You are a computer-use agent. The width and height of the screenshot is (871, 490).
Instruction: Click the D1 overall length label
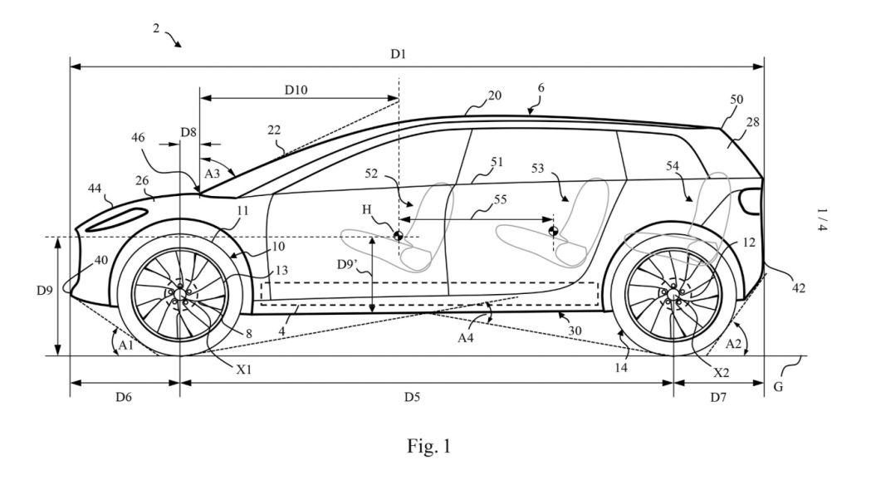(x=399, y=54)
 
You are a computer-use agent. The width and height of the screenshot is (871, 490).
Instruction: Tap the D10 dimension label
(x=296, y=90)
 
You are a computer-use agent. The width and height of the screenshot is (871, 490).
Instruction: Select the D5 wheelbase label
(x=412, y=397)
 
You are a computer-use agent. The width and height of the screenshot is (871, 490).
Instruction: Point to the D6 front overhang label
(x=124, y=397)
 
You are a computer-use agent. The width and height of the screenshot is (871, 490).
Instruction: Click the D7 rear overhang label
(x=718, y=397)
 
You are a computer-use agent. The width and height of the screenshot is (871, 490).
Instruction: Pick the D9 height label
(x=45, y=290)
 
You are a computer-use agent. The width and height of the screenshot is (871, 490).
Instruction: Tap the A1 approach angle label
(x=126, y=345)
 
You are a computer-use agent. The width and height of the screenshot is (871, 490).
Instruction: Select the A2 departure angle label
(x=734, y=344)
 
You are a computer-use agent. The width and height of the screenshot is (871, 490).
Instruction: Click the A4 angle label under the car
(x=466, y=336)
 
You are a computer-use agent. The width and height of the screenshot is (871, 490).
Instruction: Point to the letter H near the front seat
(x=367, y=209)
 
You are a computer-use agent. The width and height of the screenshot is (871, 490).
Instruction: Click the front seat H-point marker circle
(x=398, y=236)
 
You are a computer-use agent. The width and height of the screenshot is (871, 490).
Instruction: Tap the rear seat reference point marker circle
(x=553, y=231)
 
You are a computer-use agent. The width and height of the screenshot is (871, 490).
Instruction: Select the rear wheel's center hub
(x=673, y=293)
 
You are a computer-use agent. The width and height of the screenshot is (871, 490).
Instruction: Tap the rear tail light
(x=751, y=201)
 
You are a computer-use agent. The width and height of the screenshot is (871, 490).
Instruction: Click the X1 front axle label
(x=244, y=369)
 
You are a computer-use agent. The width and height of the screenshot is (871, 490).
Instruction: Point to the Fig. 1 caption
(x=428, y=445)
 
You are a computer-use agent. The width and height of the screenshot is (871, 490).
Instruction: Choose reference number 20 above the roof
(x=494, y=96)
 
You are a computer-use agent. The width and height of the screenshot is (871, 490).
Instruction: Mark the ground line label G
(x=778, y=387)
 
